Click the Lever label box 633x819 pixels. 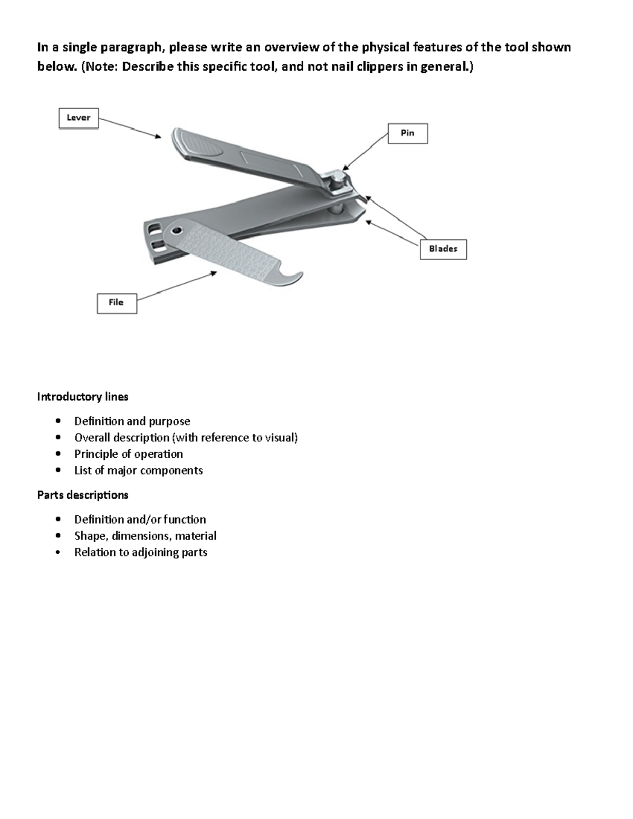(79, 118)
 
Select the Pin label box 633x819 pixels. (407, 133)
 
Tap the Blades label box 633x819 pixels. (443, 249)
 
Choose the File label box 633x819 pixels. (117, 303)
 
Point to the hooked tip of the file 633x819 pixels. (295, 278)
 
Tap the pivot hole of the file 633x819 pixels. (176, 230)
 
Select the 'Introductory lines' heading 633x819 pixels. (83, 397)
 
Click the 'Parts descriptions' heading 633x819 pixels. (83, 495)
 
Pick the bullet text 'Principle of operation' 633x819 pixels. (128, 454)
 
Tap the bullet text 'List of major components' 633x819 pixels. (138, 470)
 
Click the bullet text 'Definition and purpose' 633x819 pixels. (132, 421)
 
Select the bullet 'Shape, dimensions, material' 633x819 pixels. (145, 536)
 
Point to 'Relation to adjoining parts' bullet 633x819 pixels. (140, 552)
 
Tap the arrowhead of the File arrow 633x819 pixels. (214, 273)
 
